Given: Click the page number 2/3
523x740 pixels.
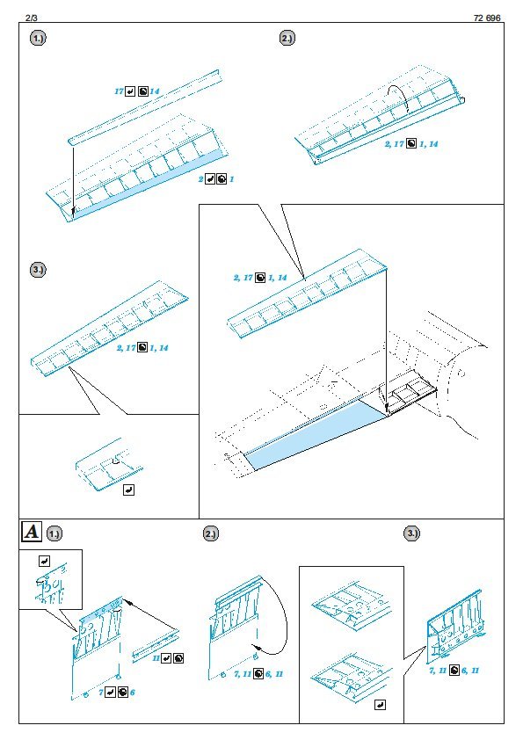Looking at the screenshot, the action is click(31, 18).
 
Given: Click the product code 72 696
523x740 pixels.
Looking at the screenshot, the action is click(487, 18).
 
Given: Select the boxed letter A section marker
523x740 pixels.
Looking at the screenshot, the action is click(32, 532).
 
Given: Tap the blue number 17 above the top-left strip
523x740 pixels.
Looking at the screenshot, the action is click(119, 91).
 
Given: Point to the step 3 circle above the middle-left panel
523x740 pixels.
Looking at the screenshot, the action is click(38, 270).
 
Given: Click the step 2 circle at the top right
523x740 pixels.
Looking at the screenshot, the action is click(287, 38).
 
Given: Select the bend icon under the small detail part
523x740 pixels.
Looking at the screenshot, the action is click(128, 490).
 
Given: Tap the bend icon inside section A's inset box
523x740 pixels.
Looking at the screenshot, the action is click(44, 561).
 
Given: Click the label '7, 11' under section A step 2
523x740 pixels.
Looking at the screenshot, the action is click(243, 674).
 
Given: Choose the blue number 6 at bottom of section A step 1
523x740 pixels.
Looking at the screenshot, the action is click(133, 693).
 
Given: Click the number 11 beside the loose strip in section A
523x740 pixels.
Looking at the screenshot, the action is click(156, 658).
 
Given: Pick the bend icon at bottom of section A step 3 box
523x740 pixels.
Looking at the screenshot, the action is click(380, 705).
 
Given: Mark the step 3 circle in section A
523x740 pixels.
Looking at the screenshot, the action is click(412, 533).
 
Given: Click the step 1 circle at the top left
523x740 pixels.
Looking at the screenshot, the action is click(38, 38).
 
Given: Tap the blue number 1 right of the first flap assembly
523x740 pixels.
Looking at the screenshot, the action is click(232, 179).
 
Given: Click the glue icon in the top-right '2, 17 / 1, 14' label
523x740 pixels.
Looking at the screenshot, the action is click(411, 143).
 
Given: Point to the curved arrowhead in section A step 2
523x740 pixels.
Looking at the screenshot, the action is click(257, 647).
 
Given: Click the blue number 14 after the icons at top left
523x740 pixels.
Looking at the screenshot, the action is click(155, 91).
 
